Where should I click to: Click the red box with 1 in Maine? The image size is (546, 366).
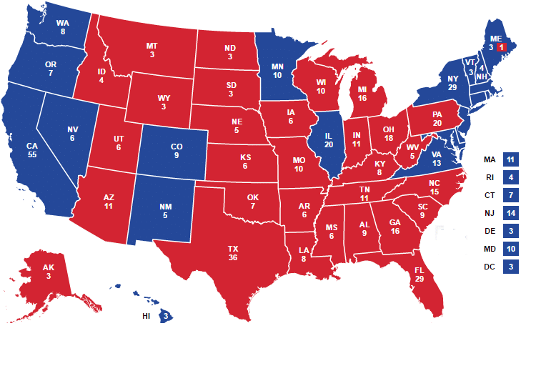[502, 46]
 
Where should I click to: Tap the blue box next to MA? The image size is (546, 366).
[510, 159]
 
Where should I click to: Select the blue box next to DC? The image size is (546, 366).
[510, 267]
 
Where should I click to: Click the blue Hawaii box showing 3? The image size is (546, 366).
[166, 316]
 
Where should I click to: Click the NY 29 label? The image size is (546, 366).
[452, 82]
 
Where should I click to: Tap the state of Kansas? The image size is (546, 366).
[244, 161]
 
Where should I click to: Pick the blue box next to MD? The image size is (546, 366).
[510, 249]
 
